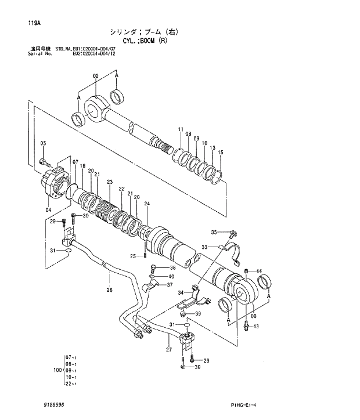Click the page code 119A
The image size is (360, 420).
[x=33, y=23]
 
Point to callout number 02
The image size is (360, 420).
[x=96, y=75]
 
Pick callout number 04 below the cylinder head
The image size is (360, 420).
[x=48, y=209]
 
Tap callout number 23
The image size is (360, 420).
[x=109, y=182]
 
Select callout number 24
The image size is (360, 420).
[x=147, y=204]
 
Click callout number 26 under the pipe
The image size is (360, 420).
[x=109, y=290]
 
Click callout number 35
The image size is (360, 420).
[x=214, y=232]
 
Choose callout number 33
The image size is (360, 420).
[x=204, y=247]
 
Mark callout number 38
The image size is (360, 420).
[x=172, y=267]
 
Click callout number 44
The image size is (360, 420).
[x=259, y=271]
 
